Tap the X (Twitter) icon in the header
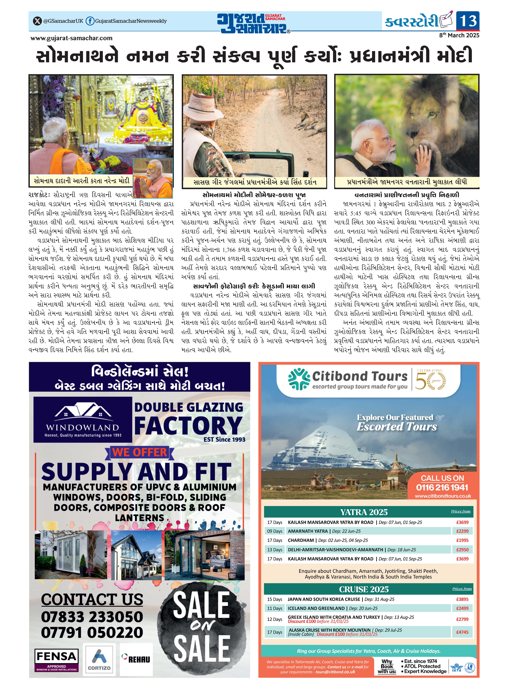click(37, 21)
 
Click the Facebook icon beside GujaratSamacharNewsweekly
click(90, 21)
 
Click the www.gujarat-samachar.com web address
click(71, 38)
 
